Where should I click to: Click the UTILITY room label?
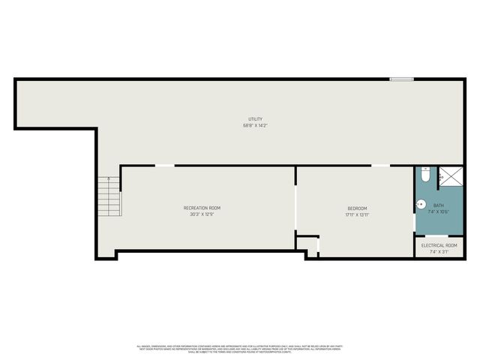(x=255, y=119)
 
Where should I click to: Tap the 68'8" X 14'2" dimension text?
(x=255, y=125)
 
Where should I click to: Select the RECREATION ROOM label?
(x=202, y=208)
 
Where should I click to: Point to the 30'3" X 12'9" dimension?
(x=202, y=214)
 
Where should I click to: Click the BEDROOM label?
(x=357, y=208)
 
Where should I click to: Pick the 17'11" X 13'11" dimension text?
(x=357, y=214)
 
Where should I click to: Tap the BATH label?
(x=439, y=205)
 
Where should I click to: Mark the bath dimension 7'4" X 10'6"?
(x=439, y=211)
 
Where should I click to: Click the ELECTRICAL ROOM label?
(x=439, y=245)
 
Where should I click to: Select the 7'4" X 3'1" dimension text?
(x=439, y=252)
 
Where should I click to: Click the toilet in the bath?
(x=424, y=175)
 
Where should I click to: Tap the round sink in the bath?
(x=421, y=203)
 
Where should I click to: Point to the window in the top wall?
(x=401, y=79)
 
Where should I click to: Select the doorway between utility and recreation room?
(x=164, y=166)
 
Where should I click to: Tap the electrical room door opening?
(x=439, y=237)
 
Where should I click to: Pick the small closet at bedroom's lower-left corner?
(x=307, y=244)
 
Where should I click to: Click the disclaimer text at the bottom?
(x=240, y=349)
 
